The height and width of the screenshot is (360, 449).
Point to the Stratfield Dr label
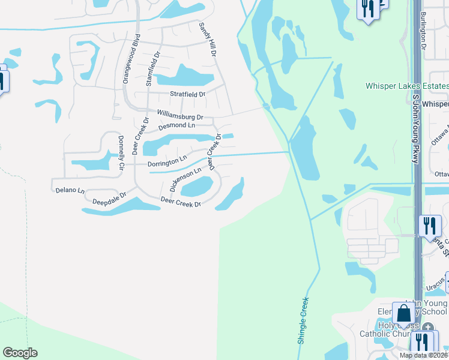[x=187, y=94]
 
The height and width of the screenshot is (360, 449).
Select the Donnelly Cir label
[x=121, y=152]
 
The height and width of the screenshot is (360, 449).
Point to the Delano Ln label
[x=70, y=190]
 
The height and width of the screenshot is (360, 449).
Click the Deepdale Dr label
[x=110, y=196]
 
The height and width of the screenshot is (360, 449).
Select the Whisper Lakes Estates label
[x=406, y=86]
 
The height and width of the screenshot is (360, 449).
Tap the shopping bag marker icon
[x=404, y=313]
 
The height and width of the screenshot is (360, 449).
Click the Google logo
[x=20, y=352]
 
